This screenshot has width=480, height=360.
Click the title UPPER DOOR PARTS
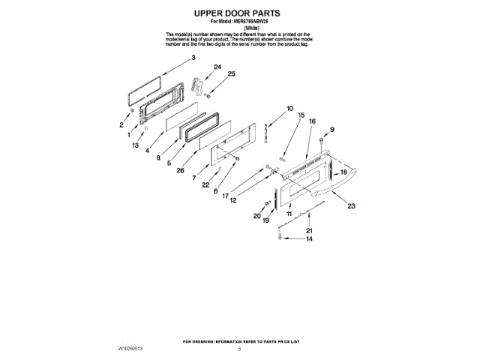pyautogui.click(x=239, y=13)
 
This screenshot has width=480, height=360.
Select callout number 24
pyautogui.click(x=217, y=67)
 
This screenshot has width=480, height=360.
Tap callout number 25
pyautogui.click(x=232, y=74)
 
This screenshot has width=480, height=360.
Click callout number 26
pyautogui.click(x=181, y=170)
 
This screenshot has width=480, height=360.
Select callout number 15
pyautogui.click(x=301, y=115)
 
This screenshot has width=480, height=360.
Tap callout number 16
pyautogui.click(x=311, y=121)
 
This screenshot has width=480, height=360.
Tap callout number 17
pyautogui.click(x=224, y=195)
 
